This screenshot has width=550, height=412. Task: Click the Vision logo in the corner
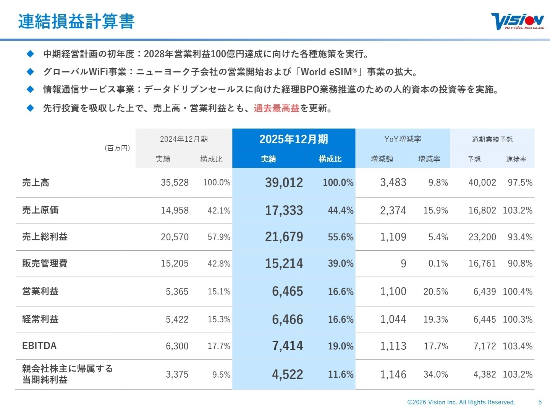517,21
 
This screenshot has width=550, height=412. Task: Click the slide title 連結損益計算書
76,21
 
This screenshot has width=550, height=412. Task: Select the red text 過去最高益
277,108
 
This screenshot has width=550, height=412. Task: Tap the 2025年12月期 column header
293,139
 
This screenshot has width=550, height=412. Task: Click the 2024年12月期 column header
184,139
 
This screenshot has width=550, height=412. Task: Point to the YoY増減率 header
403,139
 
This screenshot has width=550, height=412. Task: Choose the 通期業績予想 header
492,139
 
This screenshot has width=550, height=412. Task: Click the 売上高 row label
36,183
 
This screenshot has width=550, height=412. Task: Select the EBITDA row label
39,346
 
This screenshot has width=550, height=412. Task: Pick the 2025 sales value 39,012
284,183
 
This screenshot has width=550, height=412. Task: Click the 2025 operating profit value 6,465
287,291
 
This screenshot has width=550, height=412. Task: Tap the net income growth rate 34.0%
435,375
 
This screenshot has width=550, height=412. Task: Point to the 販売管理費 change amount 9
403,264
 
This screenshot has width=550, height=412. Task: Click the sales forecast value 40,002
482,183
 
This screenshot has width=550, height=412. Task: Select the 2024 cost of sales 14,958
175,210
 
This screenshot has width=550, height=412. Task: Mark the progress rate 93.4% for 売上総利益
520,237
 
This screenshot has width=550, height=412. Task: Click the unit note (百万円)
117,148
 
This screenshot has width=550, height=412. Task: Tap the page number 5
540,402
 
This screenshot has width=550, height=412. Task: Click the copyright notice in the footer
461,402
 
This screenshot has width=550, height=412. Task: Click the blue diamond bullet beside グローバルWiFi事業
31,72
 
